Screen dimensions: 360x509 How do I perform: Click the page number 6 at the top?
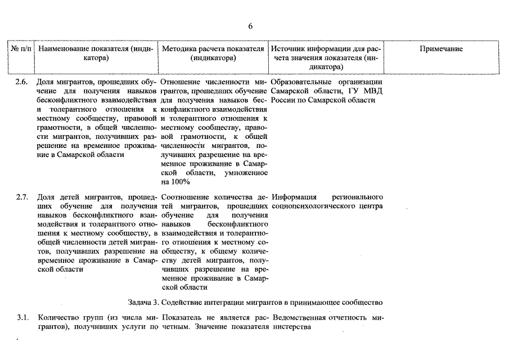(x=250, y=26)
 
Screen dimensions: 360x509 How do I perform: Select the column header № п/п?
(x=21, y=49)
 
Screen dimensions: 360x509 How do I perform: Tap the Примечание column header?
(x=441, y=49)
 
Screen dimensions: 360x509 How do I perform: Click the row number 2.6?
(x=22, y=82)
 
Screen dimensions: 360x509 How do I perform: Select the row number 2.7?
(x=22, y=197)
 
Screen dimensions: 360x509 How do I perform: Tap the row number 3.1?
(x=22, y=318)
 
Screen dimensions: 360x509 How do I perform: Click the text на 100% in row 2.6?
(x=175, y=182)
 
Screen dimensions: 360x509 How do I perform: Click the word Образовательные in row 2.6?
(x=301, y=82)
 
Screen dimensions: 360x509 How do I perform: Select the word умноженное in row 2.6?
(x=246, y=173)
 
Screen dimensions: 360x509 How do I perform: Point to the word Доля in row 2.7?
(x=46, y=197)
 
